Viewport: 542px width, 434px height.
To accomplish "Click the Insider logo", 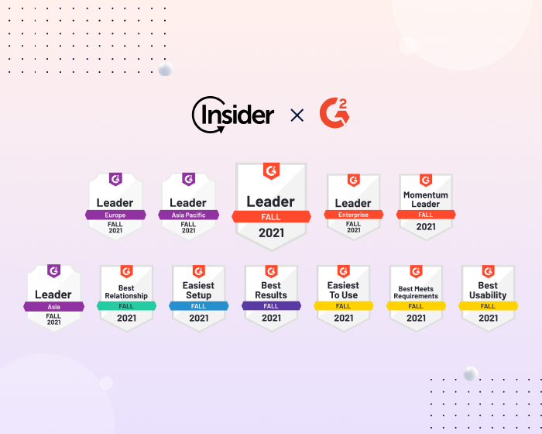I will pyautogui.click(x=232, y=115).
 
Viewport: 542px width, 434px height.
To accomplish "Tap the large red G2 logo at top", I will pyautogui.click(x=334, y=114).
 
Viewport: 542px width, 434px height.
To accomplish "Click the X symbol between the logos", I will pyautogui.click(x=297, y=115).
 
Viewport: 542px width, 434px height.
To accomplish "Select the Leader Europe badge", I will pyautogui.click(x=115, y=205).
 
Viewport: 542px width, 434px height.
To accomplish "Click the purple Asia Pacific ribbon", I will pyautogui.click(x=188, y=215).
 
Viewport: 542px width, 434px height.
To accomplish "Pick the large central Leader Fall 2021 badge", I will pyautogui.click(x=271, y=205).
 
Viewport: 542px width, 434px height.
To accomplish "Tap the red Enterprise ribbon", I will pyautogui.click(x=353, y=215).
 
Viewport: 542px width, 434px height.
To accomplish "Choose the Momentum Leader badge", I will pyautogui.click(x=426, y=205).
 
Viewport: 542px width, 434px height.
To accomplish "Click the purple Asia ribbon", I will pyautogui.click(x=53, y=306).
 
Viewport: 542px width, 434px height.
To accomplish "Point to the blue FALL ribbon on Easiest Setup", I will pyautogui.click(x=199, y=306).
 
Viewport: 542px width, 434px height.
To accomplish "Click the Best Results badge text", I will pyautogui.click(x=271, y=291).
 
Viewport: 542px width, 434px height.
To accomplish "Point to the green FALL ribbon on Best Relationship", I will pyautogui.click(x=126, y=306).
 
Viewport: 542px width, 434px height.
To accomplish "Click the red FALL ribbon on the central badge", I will pyautogui.click(x=271, y=217).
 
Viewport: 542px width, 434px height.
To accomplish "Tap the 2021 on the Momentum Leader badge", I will pyautogui.click(x=426, y=227).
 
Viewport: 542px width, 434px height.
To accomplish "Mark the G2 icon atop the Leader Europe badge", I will pyautogui.click(x=115, y=179).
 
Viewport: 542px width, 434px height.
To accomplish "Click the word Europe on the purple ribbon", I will pyautogui.click(x=115, y=215).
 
